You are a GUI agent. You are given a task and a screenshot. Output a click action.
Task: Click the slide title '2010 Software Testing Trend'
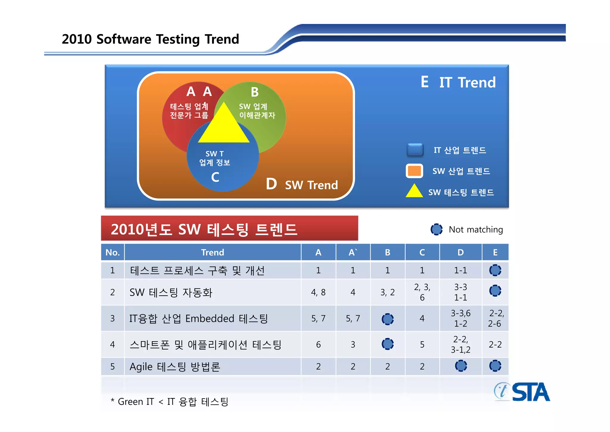pyautogui.click(x=150, y=39)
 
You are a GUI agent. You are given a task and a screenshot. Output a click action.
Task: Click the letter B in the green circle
pyautogui.click(x=255, y=92)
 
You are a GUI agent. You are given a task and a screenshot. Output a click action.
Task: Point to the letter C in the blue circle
pyautogui.click(x=215, y=177)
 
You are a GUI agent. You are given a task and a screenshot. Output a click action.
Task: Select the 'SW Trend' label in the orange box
pyautogui.click(x=311, y=185)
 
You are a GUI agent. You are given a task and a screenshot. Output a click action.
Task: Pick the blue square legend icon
pyautogui.click(x=415, y=150)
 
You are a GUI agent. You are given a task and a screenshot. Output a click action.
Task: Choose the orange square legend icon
pyautogui.click(x=414, y=171)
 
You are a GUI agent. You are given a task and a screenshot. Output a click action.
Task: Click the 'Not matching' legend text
pyautogui.click(x=476, y=229)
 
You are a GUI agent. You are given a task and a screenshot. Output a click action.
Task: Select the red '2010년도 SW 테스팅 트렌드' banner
pyautogui.click(x=229, y=229)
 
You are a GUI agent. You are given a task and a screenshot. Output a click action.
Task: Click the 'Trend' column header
pyautogui.click(x=212, y=252)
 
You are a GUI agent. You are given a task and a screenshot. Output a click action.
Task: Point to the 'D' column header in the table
pyautogui.click(x=460, y=252)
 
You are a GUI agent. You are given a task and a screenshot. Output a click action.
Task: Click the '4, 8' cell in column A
pyautogui.click(x=318, y=292)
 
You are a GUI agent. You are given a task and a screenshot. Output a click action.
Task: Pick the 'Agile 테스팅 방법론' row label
pyautogui.click(x=175, y=367)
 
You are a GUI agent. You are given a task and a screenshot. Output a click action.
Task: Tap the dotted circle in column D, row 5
pyautogui.click(x=461, y=366)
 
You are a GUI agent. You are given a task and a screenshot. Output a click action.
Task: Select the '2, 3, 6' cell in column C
pyautogui.click(x=422, y=292)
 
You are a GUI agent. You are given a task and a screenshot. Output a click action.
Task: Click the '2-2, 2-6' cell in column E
pyautogui.click(x=495, y=318)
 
